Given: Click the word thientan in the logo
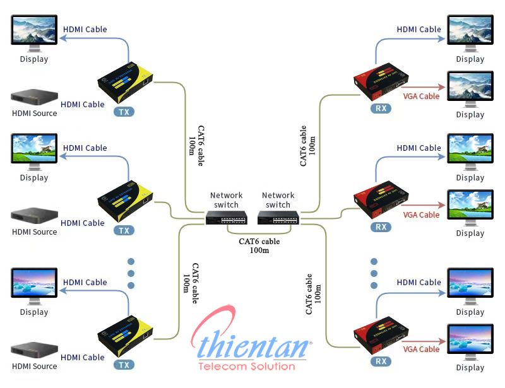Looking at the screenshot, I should tap(256, 346).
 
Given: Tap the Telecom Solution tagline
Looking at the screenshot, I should tap(246, 367).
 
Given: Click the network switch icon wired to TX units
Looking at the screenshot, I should tap(226, 218).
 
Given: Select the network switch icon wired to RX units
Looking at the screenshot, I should tap(278, 218).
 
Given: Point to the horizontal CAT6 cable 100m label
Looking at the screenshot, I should tap(259, 245).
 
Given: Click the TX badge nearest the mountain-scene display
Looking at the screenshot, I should tap(124, 112).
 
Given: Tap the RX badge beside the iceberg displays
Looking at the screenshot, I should tap(381, 361).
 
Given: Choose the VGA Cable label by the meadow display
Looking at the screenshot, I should tap(421, 215).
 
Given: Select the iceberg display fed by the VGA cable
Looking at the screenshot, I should tap(470, 341).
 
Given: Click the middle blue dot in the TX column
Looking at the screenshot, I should tap(131, 274).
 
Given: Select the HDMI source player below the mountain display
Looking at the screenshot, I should tap(34, 98).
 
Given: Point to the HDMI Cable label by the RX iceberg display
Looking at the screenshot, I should tap(419, 282).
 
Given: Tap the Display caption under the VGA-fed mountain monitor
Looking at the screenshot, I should tap(470, 114).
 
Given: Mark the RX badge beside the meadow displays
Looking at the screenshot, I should tap(381, 226).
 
